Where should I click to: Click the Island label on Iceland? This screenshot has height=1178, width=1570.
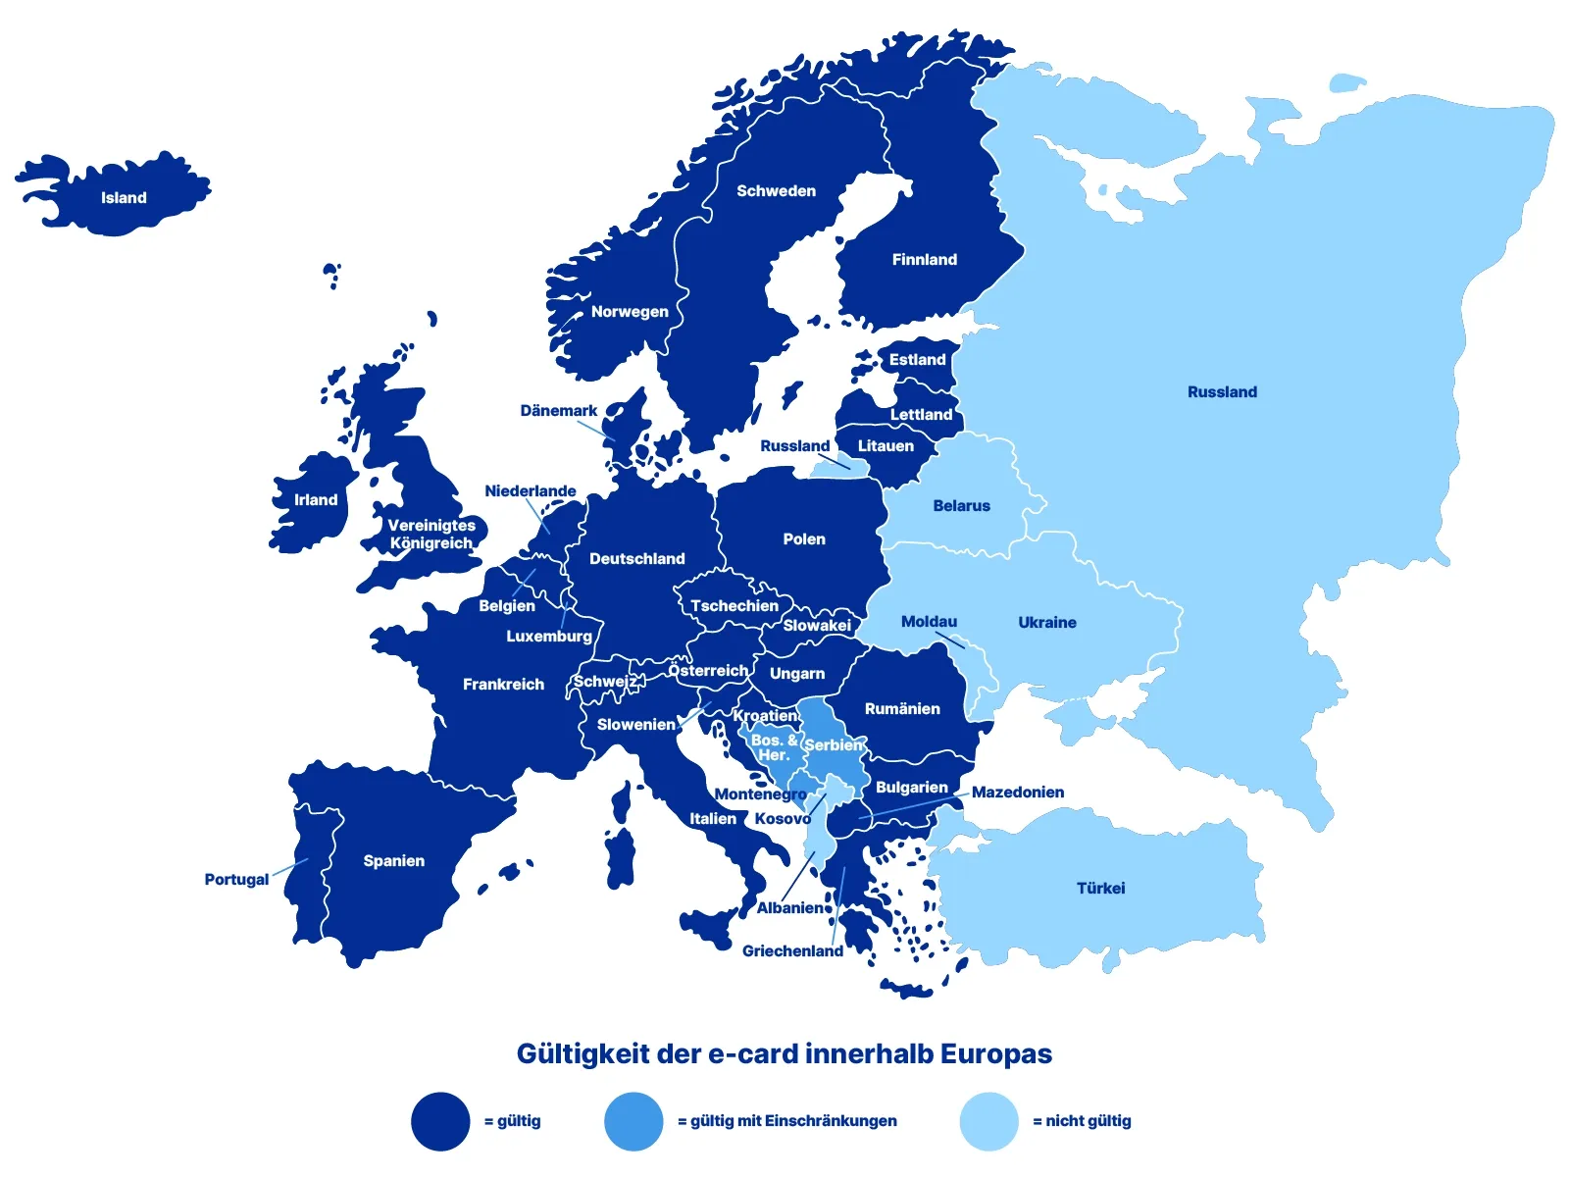tap(124, 198)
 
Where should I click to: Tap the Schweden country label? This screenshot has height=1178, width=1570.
tap(776, 191)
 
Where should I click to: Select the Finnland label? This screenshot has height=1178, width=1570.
tap(924, 260)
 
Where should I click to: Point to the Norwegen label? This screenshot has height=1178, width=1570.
tap(630, 312)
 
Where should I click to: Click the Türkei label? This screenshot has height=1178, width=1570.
tap(1100, 889)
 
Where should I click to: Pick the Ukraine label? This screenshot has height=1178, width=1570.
tap(1046, 623)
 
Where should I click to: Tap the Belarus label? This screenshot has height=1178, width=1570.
tap(961, 506)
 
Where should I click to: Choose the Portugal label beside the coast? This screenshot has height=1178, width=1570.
tap(236, 880)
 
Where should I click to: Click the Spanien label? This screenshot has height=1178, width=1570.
tap(393, 861)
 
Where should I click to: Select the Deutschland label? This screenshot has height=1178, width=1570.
tap(636, 559)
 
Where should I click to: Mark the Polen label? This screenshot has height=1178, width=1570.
tap(804, 539)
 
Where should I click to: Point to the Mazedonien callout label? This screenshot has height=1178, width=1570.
tap(1017, 793)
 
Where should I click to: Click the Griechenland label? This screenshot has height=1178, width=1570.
tap(792, 951)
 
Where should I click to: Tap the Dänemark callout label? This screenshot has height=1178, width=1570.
tap(558, 411)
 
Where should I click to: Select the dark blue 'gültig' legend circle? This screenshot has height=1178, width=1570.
tap(440, 1121)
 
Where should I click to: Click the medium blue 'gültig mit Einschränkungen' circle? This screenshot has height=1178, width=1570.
tap(633, 1121)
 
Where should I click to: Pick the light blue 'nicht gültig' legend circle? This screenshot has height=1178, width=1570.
tap(988, 1121)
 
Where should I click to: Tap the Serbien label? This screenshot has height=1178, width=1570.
tap(834, 745)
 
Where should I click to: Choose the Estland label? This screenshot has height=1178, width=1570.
tap(917, 360)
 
